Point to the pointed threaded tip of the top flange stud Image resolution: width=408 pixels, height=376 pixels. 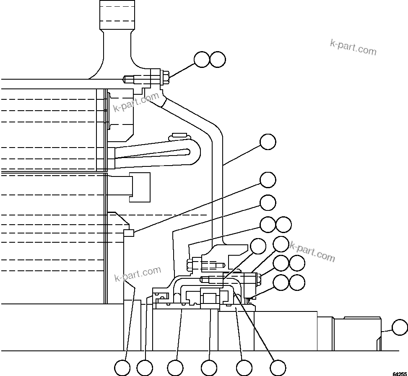[125, 78]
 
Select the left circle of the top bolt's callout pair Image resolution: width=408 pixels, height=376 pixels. [202, 60]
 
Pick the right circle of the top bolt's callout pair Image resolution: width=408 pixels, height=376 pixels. [218, 60]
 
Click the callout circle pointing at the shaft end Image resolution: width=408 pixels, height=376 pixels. [400, 327]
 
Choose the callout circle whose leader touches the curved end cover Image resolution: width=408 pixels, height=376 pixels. [268, 142]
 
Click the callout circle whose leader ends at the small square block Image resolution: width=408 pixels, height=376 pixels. [268, 180]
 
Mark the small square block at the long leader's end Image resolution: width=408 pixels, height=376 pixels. [129, 233]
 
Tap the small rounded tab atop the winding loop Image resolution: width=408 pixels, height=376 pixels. [179, 135]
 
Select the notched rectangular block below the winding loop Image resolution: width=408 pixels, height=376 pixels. [140, 187]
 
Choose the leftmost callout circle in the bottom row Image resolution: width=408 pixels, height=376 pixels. [122, 368]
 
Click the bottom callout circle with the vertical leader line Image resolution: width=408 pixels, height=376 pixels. [209, 368]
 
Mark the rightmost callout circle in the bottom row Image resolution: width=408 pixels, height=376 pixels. [278, 368]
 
